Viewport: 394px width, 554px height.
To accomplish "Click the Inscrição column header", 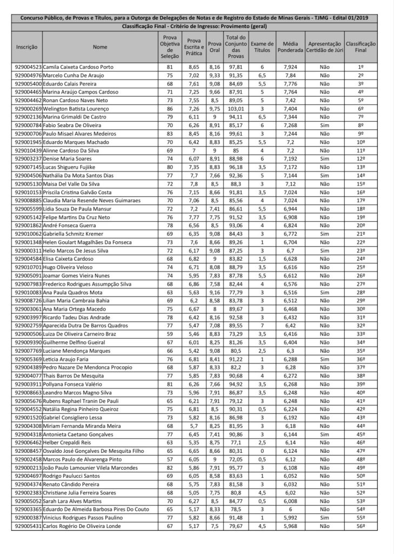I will pos(26,47).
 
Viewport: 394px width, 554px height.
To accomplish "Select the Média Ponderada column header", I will pos(289,47).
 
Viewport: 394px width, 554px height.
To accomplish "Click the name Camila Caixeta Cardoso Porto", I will pos(78,68).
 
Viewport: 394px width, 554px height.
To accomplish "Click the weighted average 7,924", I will pos(289,68).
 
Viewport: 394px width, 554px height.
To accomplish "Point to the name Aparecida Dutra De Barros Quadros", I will pos(85,326).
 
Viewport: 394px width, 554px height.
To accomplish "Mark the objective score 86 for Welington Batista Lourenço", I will pos(169,108).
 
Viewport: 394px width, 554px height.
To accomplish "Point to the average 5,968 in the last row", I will pos(289,526).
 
